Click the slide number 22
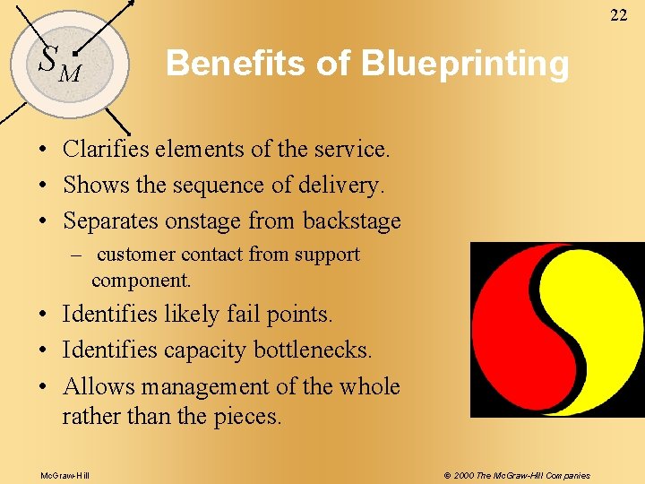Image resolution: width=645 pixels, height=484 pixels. point(619,14)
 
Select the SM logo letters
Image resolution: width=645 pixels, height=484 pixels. point(59,61)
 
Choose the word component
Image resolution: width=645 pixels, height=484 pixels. point(141,280)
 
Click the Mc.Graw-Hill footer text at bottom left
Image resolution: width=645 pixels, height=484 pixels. point(64,475)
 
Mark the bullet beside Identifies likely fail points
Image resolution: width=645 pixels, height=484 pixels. point(43,315)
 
